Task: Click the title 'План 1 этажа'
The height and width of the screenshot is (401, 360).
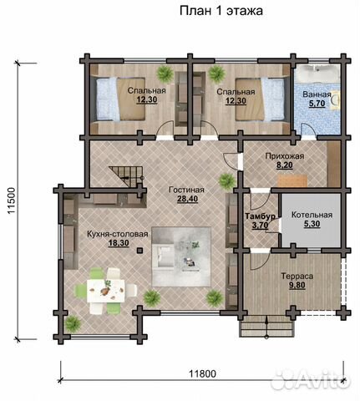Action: click(x=221, y=11)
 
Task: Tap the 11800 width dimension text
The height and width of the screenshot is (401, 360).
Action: click(x=202, y=373)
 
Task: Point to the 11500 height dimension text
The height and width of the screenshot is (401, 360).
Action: click(x=12, y=200)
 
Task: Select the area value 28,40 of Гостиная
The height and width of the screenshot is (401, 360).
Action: click(x=187, y=199)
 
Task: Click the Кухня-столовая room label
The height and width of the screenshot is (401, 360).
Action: click(x=117, y=234)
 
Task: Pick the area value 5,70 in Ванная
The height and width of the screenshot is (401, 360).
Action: click(x=317, y=104)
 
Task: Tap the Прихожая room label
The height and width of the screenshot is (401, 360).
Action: click(x=285, y=156)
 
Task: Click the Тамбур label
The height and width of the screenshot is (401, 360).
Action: click(x=260, y=216)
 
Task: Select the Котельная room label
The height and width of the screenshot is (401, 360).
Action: click(x=312, y=215)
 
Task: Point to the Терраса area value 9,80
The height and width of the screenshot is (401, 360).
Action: click(x=297, y=286)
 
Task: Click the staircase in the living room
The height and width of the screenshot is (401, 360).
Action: click(x=126, y=176)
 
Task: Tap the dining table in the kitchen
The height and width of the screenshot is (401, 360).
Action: click(x=106, y=291)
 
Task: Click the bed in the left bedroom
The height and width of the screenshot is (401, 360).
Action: click(x=121, y=99)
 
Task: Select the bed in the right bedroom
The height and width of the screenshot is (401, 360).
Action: click(x=260, y=99)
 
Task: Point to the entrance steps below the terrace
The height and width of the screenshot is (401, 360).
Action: click(x=266, y=327)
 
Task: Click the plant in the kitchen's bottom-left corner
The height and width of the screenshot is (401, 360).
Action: click(x=73, y=324)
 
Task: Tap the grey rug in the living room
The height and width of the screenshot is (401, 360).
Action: click(x=181, y=256)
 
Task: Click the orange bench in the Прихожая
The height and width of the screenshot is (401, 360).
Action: click(x=292, y=180)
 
